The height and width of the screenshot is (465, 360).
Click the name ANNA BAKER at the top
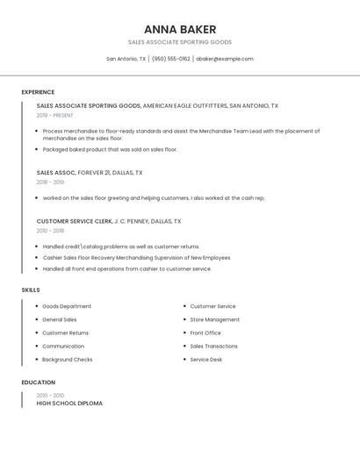(x=180, y=29)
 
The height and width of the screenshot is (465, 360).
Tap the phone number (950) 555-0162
(x=170, y=59)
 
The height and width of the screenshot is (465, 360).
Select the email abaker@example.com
(x=225, y=59)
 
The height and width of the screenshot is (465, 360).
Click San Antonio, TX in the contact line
(x=126, y=59)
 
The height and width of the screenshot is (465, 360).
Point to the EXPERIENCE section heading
(x=38, y=92)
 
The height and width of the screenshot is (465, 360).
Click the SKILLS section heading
(x=31, y=290)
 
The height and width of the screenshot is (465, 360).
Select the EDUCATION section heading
(x=39, y=383)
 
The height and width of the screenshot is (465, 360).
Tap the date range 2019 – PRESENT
(x=55, y=115)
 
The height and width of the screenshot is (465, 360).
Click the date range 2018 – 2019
(x=50, y=182)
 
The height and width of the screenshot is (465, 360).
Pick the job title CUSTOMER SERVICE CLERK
(x=75, y=221)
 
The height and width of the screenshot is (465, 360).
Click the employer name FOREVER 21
(x=95, y=173)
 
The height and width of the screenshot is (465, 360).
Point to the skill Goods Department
(x=67, y=306)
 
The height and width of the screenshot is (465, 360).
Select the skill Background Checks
(x=68, y=360)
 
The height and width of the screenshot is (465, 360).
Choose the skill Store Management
(x=215, y=319)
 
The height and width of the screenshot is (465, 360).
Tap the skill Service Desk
(x=206, y=360)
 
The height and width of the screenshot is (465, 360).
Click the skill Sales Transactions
(x=214, y=347)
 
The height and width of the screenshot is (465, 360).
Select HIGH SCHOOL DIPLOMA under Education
(x=69, y=404)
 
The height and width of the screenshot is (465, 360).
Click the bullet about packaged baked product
(x=110, y=149)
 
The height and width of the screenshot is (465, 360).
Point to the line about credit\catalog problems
(x=121, y=247)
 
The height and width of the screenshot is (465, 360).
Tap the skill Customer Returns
(x=66, y=333)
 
